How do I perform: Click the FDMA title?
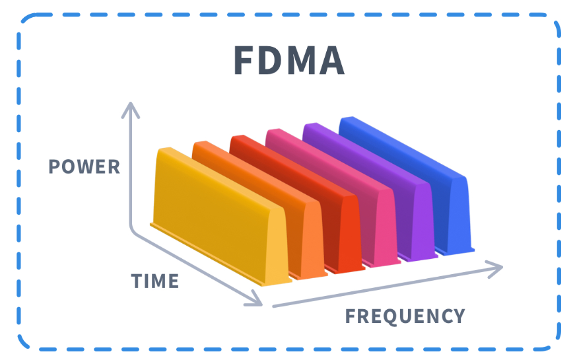(x=289, y=61)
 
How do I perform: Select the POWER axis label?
(x=84, y=166)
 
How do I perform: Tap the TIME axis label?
(x=155, y=281)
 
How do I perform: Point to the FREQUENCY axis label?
(x=405, y=316)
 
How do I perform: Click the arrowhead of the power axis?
(x=132, y=108)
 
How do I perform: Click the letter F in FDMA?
(x=245, y=61)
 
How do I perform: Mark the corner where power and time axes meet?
(x=135, y=231)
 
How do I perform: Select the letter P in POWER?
(x=53, y=166)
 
